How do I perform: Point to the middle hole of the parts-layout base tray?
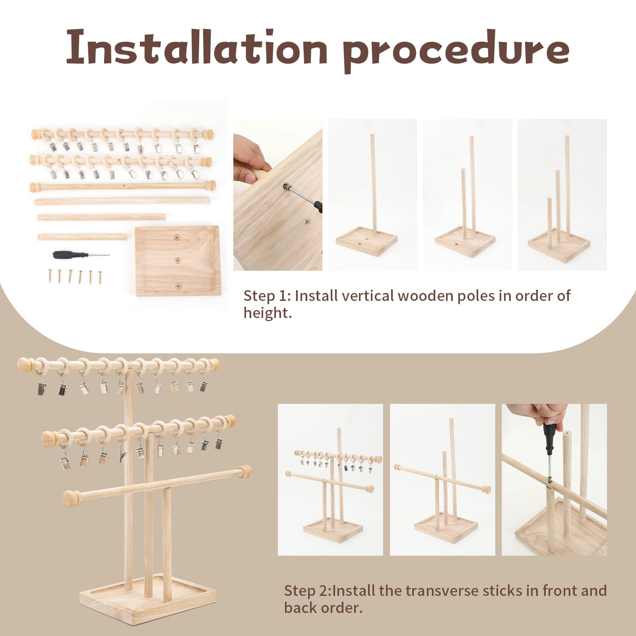tap(176, 260)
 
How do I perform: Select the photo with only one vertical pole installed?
tap(372, 195)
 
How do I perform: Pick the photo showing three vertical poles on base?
tap(562, 195)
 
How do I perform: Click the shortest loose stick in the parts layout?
tap(82, 237)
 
